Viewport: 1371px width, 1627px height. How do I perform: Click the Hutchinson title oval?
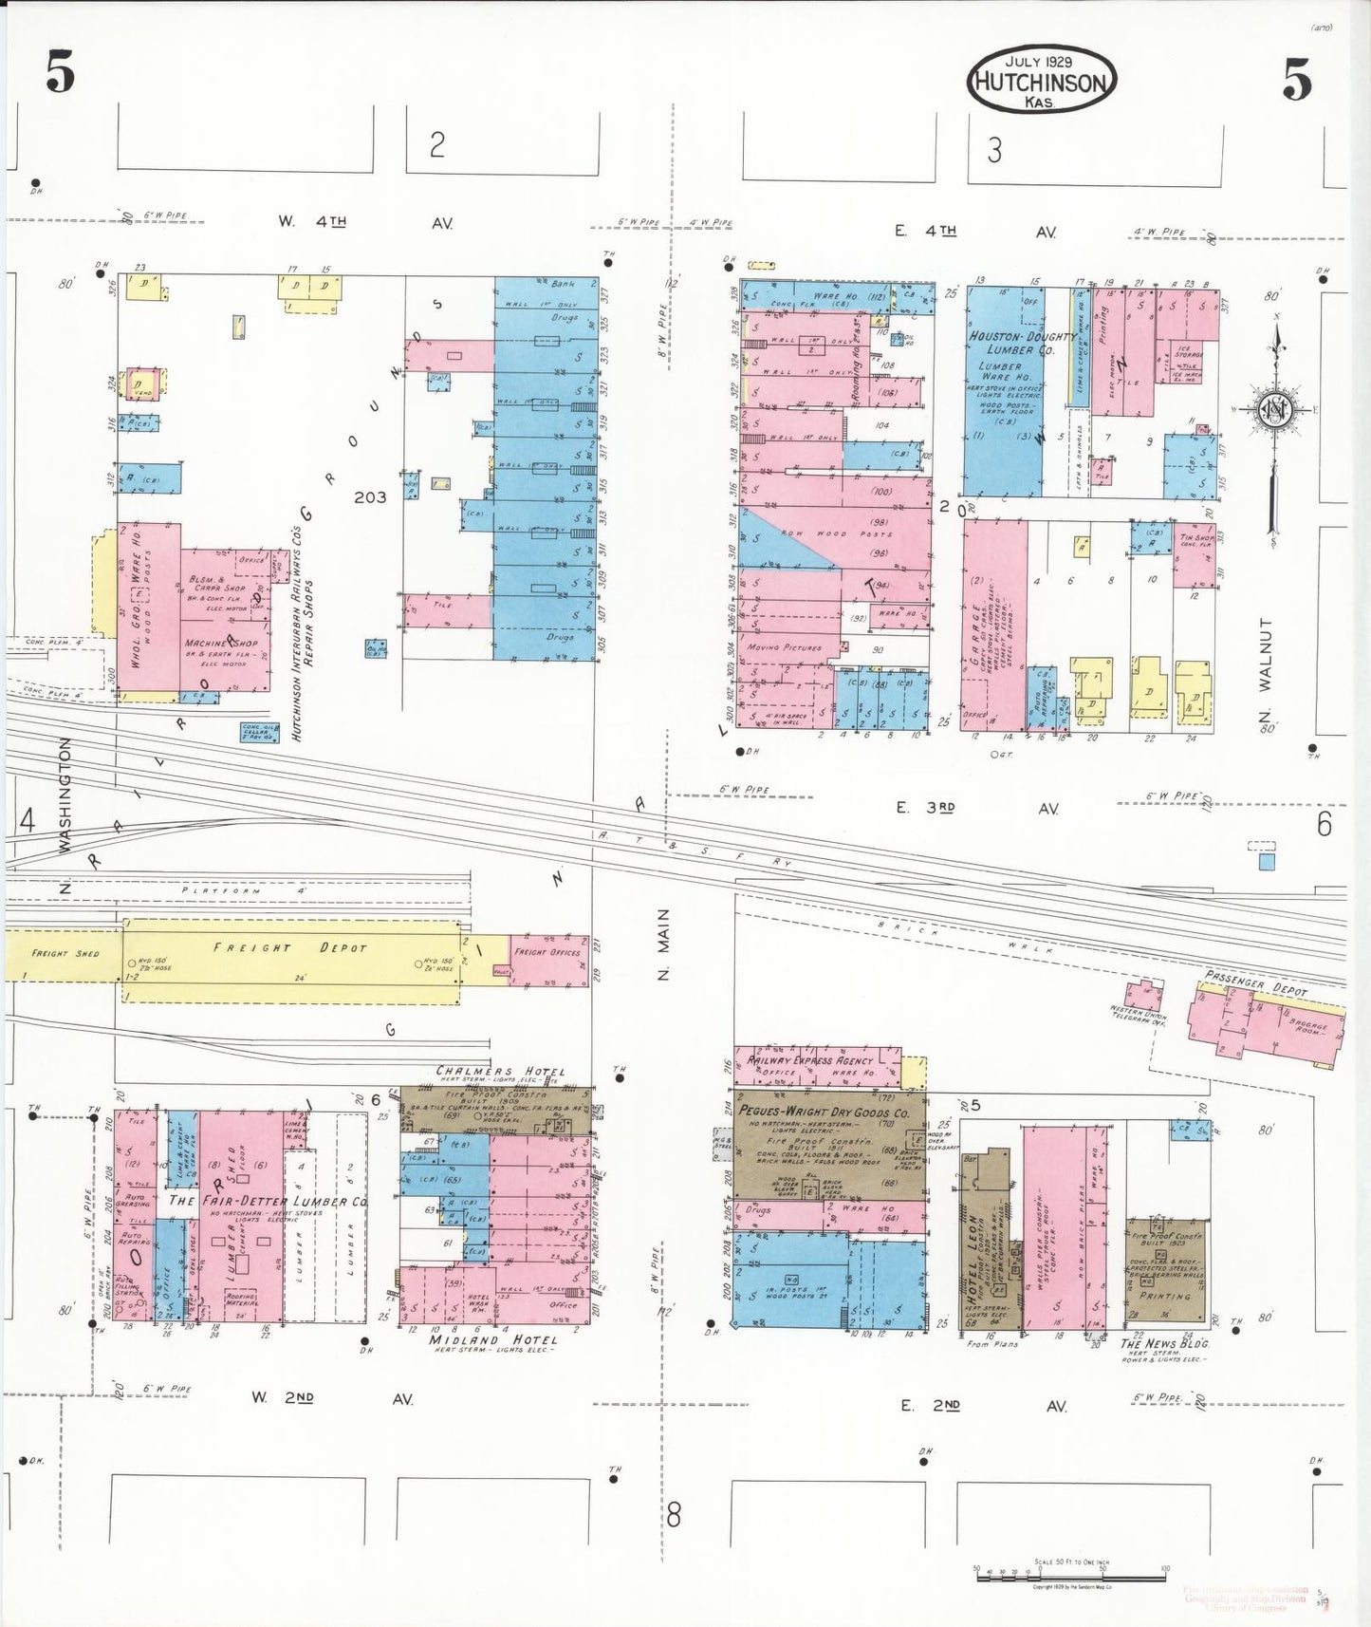1041,81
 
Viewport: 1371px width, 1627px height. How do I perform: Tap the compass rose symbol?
1275,410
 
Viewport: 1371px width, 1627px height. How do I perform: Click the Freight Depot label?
289,947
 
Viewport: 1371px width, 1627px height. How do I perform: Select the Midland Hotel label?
492,1339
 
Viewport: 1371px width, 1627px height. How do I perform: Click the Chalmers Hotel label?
500,1072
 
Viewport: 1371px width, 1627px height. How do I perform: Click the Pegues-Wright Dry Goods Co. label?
824,1112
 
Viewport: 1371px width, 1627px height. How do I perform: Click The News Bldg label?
1164,1343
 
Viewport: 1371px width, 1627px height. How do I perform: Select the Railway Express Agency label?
811,1060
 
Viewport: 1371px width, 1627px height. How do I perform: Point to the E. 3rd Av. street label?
977,808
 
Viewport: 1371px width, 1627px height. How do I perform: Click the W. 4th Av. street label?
365,222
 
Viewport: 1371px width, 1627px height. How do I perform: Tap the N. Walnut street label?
1265,668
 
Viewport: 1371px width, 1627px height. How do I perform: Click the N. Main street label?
663,944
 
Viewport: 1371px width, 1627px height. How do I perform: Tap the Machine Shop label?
221,644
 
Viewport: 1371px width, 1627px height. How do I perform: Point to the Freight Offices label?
547,951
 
